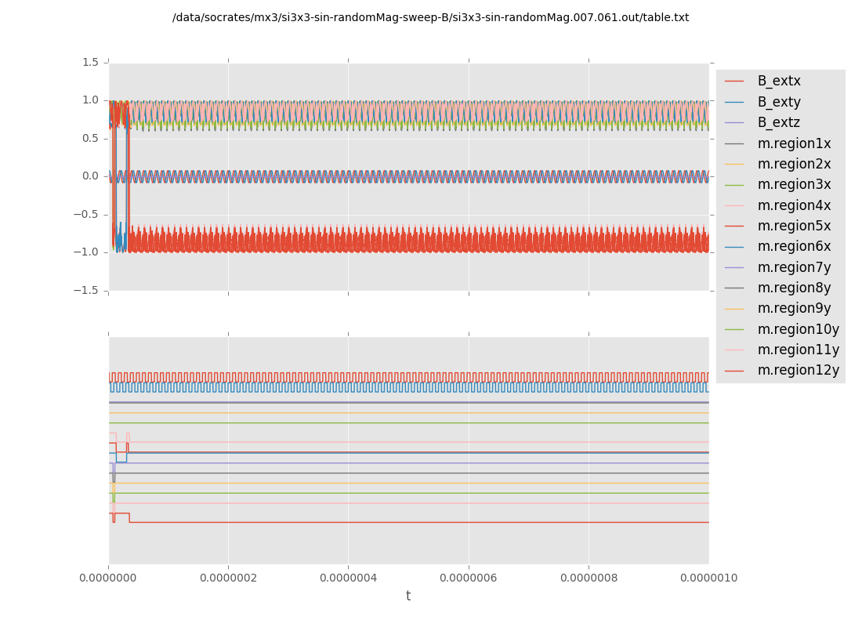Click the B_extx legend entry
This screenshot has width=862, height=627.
point(779,81)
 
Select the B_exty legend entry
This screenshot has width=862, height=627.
point(779,102)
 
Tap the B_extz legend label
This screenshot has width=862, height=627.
point(779,122)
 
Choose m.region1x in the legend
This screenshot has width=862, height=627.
point(794,143)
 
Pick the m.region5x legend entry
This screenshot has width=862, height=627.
point(794,226)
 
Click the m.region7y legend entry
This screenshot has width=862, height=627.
point(794,267)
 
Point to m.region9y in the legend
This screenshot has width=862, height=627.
point(794,308)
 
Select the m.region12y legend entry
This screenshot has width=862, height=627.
point(798,370)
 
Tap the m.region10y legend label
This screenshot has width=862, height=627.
point(798,329)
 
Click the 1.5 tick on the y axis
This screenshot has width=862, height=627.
point(90,62)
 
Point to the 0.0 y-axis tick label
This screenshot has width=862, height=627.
point(90,176)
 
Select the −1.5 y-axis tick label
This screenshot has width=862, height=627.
point(87,290)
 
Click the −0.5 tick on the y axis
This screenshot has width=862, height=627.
point(87,214)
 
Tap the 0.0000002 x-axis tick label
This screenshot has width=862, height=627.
point(228,578)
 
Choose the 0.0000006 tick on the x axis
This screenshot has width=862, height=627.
point(469,578)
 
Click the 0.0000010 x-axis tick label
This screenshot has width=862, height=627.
point(708,578)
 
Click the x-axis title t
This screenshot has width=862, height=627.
point(408,596)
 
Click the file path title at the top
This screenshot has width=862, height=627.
point(430,17)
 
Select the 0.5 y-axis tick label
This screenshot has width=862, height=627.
point(90,138)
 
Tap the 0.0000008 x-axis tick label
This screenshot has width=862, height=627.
point(589,578)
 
